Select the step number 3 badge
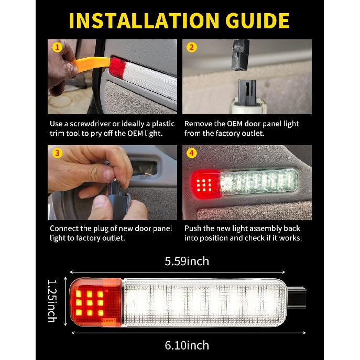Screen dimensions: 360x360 (57, 154)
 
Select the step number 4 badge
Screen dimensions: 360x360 (192, 154)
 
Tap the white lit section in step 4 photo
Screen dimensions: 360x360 (257, 183)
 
